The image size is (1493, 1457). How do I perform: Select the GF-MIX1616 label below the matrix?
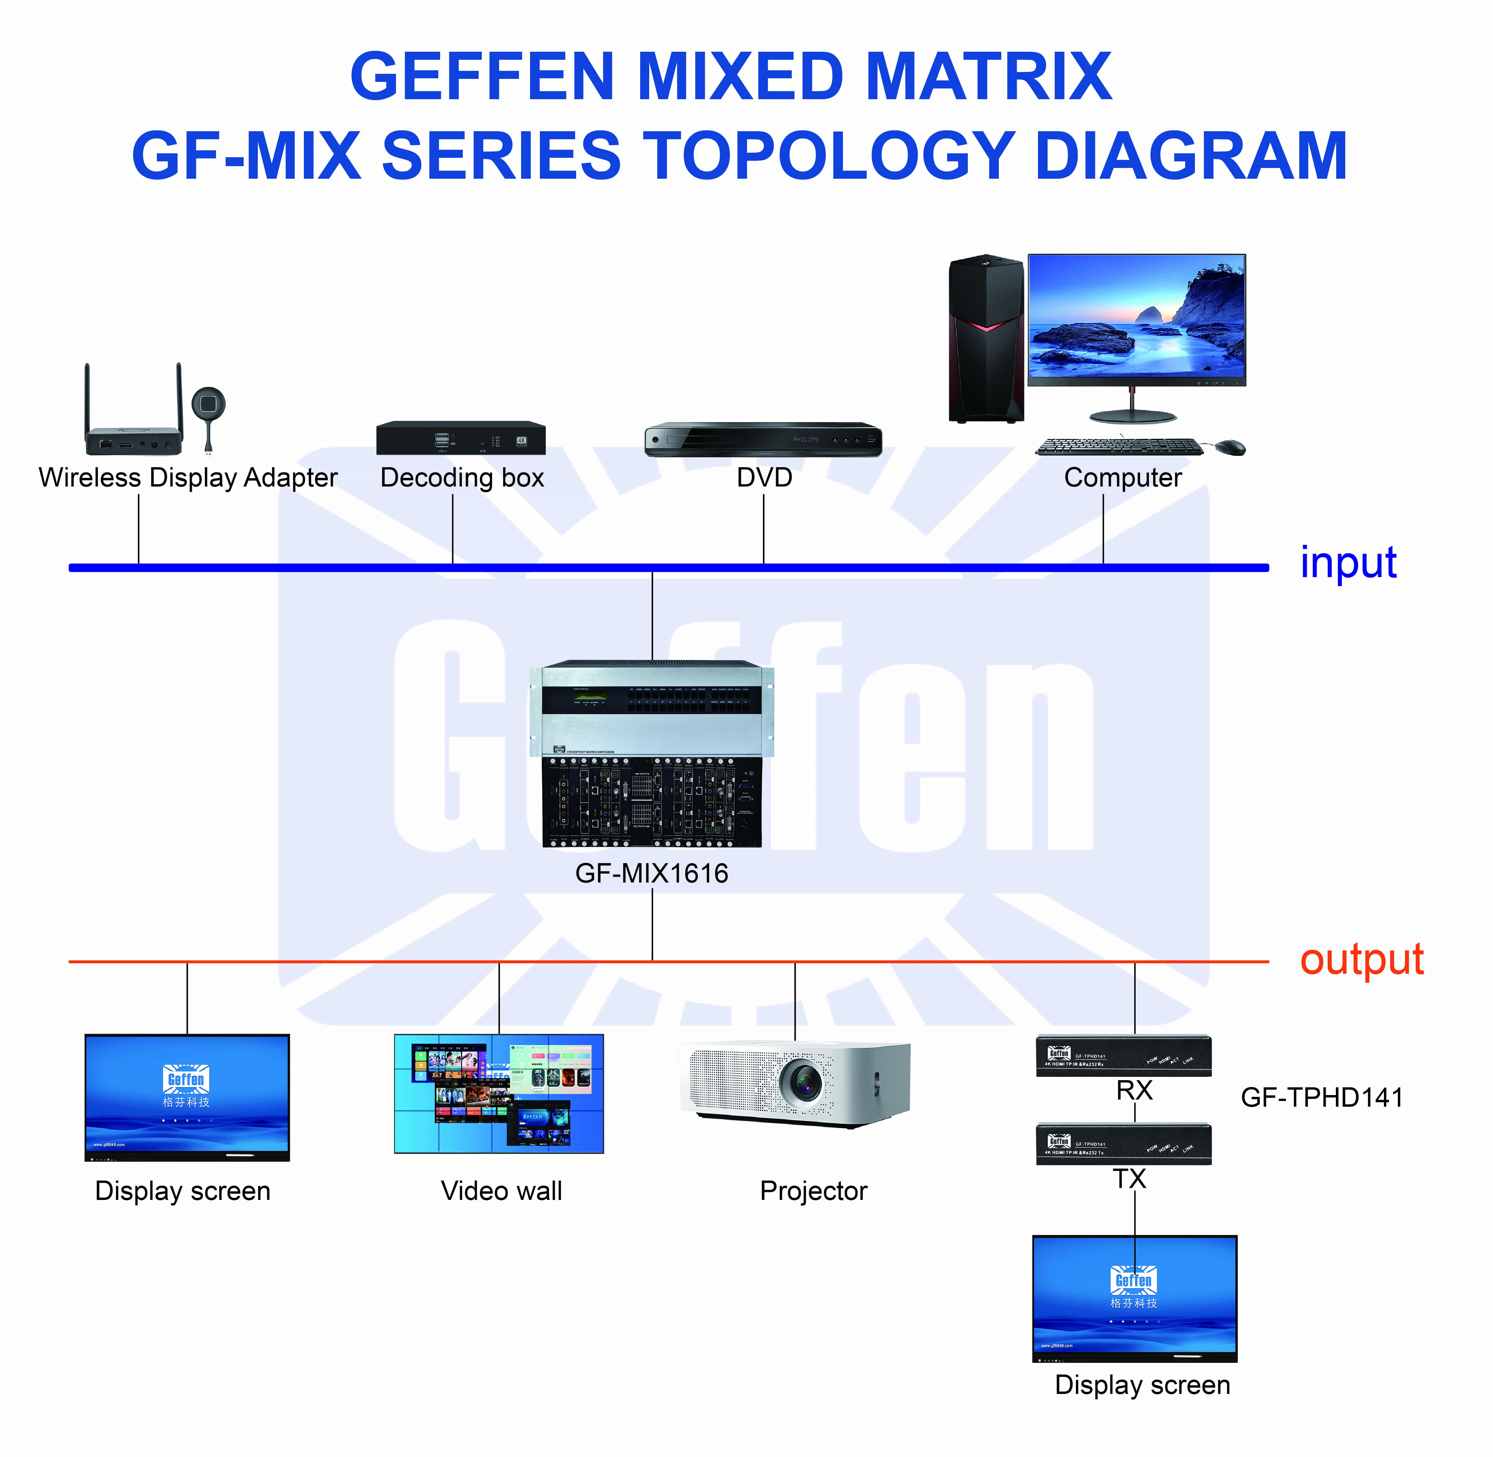pyautogui.click(x=652, y=873)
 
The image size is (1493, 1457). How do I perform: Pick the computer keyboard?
pyautogui.click(x=1118, y=446)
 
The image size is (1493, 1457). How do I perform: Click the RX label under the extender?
pyautogui.click(x=1134, y=1090)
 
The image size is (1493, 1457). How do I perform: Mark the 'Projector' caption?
pyautogui.click(x=813, y=1191)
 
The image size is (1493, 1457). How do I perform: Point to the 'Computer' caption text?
pyautogui.click(x=1122, y=478)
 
